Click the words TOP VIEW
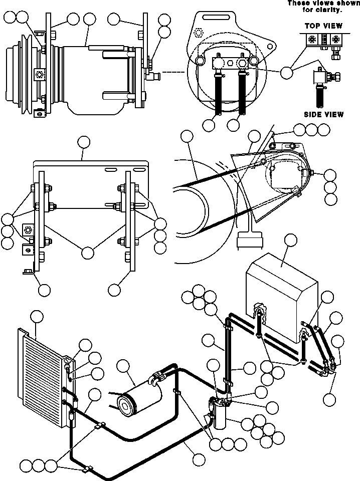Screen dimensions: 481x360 (x=323, y=26)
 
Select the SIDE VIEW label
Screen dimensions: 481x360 (x=324, y=114)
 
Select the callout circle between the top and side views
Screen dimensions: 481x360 (x=287, y=72)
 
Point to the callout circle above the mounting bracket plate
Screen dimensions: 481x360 (x=83, y=142)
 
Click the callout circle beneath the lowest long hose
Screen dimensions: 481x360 (x=199, y=458)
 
